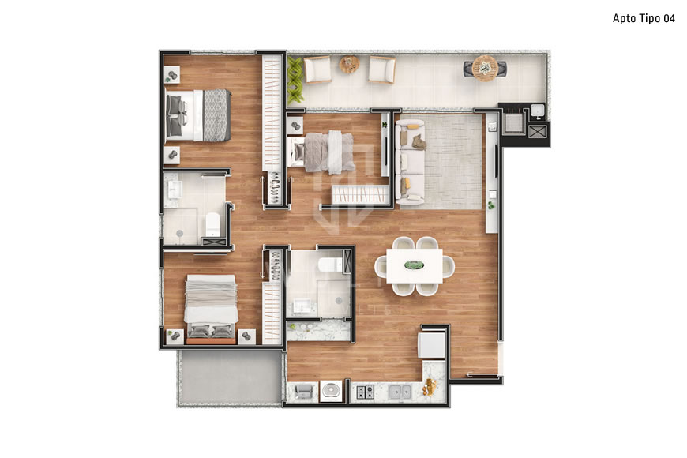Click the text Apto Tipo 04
click(644, 18)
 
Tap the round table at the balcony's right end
click(486, 67)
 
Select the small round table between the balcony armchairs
click(349, 65)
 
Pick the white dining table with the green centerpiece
click(415, 265)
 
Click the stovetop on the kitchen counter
click(363, 391)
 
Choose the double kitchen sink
click(399, 391)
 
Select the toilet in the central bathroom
click(330, 264)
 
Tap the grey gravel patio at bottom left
click(229, 377)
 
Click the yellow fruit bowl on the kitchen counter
click(430, 387)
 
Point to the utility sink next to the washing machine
click(302, 391)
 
